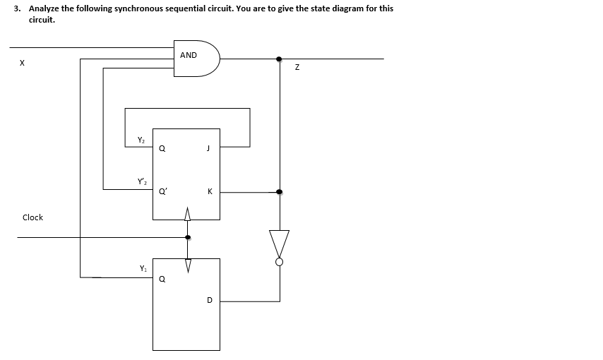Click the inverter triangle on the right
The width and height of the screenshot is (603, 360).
(280, 243)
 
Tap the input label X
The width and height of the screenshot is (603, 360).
(22, 64)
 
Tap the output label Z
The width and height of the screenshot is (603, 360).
(297, 67)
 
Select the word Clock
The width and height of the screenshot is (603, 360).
(32, 217)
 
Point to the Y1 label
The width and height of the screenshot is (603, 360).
(143, 268)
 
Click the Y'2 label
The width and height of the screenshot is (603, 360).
(143, 182)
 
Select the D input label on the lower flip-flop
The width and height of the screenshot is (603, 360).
(209, 300)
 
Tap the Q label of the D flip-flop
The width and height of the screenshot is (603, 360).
(162, 279)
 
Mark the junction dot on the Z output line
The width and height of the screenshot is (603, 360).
(280, 59)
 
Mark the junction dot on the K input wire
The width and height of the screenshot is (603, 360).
(280, 191)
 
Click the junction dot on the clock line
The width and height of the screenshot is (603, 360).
(187, 237)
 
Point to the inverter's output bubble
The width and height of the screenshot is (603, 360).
(280, 262)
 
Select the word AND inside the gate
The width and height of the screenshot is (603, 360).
(189, 55)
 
